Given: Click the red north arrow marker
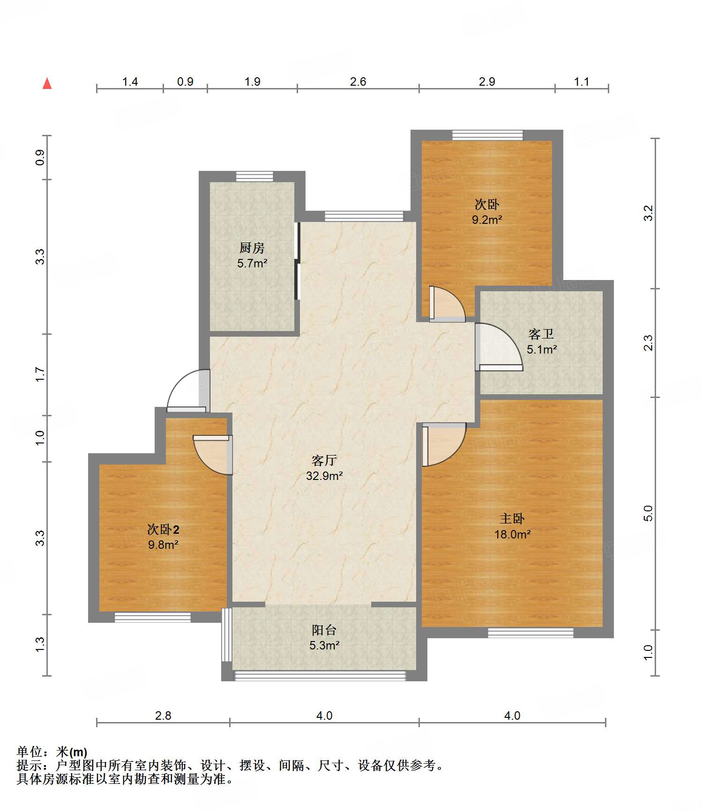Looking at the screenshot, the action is click(47, 83).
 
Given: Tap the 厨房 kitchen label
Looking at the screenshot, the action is click(252, 248).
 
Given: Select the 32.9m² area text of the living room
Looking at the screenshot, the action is click(324, 476).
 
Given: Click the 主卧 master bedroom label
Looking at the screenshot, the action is click(512, 519).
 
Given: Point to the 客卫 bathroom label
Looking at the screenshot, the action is click(541, 334).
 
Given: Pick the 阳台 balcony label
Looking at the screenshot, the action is click(324, 630).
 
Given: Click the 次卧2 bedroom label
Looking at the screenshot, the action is click(163, 530).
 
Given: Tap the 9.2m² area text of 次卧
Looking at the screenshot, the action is click(487, 220).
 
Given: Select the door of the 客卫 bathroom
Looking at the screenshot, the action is click(499, 347).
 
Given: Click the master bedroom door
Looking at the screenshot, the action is click(444, 444).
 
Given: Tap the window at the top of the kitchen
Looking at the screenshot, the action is click(254, 177).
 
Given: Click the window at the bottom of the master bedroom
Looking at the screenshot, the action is click(530, 633).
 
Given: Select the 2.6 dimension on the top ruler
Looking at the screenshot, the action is click(358, 82).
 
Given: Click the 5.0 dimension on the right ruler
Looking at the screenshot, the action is click(648, 514).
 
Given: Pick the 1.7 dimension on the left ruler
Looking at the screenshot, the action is click(40, 375).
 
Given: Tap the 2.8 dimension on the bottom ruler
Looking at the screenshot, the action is click(163, 715).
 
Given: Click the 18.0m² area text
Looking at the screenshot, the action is click(513, 534).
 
